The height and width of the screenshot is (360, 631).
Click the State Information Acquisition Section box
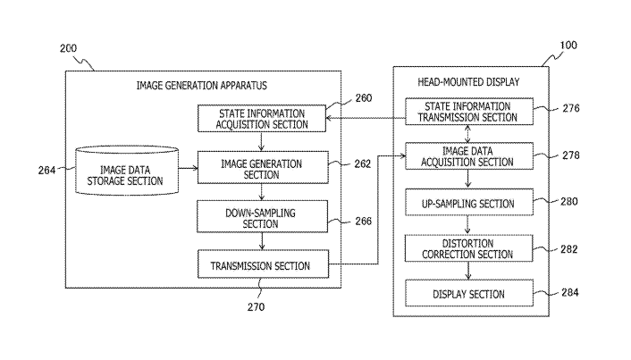(x=262, y=119)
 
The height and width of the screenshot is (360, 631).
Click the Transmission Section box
(x=262, y=265)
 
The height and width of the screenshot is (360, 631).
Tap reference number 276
(x=570, y=109)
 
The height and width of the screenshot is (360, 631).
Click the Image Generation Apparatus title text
(x=202, y=86)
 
